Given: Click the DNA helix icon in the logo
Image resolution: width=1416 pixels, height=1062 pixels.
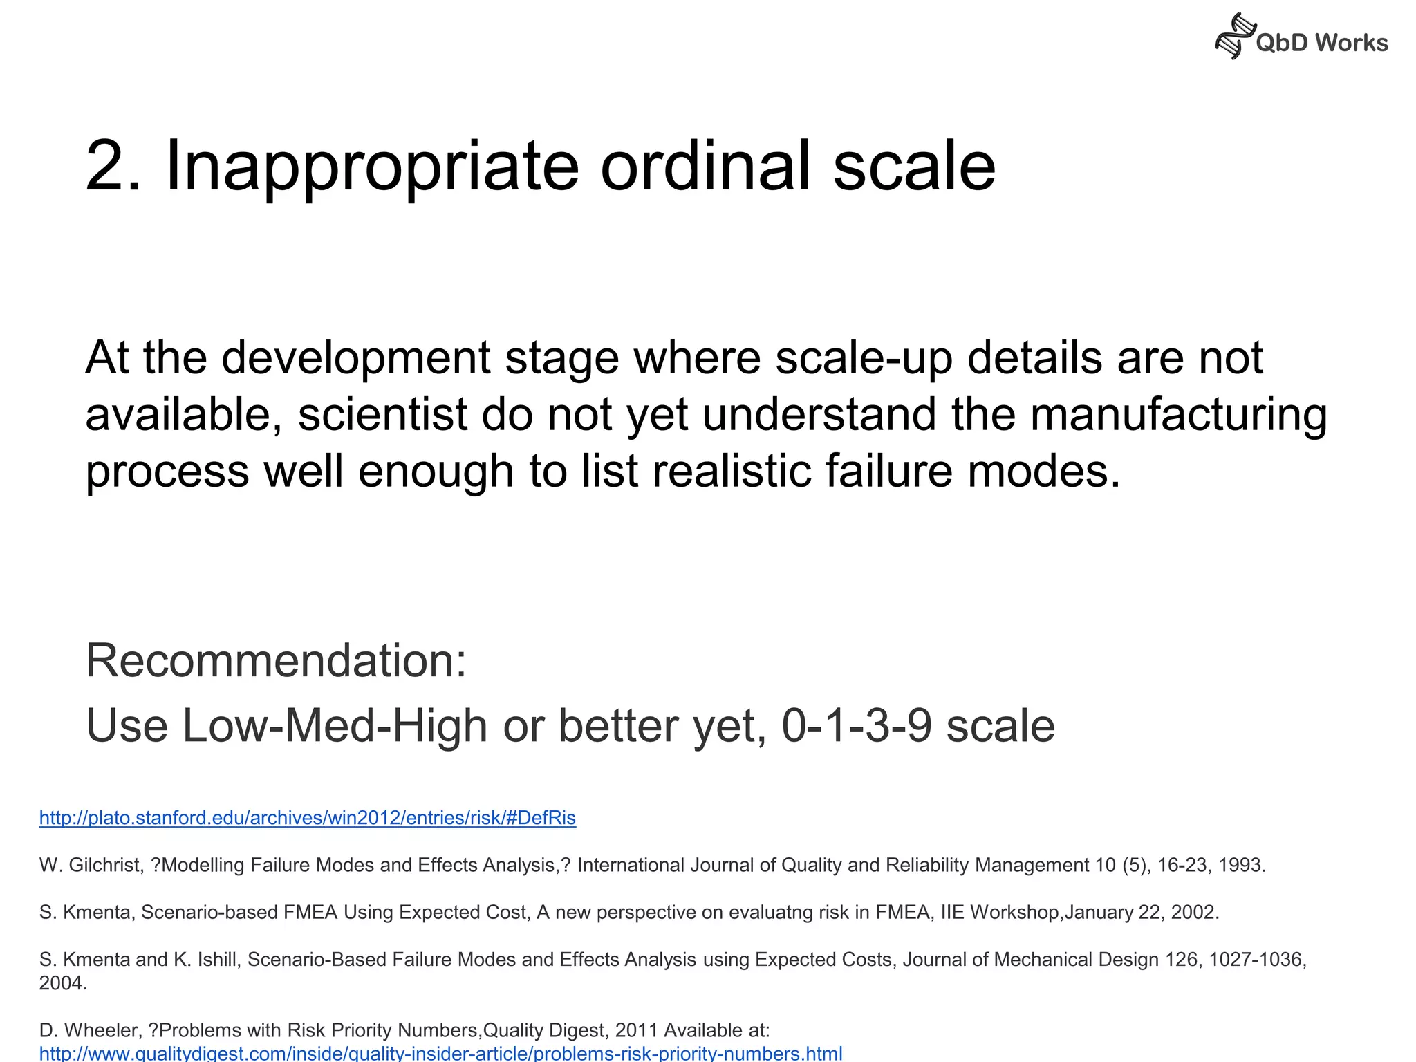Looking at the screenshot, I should click(x=1235, y=36).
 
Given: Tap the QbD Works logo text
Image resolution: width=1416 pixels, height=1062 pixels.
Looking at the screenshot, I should click(x=1321, y=43).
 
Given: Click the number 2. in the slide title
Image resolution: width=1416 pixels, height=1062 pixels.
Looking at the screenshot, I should click(x=113, y=166).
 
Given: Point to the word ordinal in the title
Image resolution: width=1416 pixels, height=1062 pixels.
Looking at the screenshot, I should click(x=705, y=166).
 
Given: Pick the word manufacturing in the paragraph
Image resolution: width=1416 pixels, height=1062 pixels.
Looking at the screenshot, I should click(x=1179, y=414).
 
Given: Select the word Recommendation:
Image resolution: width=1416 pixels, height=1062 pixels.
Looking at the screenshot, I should click(x=276, y=660).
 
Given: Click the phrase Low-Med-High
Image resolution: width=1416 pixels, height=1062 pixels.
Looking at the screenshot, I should click(x=335, y=726).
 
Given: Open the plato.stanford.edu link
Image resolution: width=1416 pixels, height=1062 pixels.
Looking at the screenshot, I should click(x=307, y=818).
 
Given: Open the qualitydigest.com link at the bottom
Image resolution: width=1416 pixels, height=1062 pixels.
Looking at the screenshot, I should click(x=440, y=1053).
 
